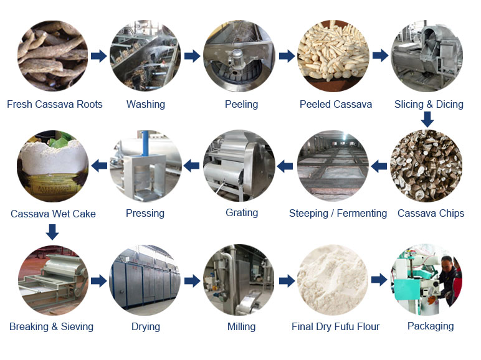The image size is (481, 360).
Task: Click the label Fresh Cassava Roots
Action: (55, 104)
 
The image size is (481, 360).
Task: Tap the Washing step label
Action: (146, 104)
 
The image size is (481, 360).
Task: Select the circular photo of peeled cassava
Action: (333, 56)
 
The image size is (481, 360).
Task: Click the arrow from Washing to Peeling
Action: (192, 56)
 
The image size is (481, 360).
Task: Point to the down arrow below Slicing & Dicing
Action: (427, 120)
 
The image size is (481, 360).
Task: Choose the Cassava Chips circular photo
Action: (426, 166)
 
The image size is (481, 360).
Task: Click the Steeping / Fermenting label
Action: (338, 213)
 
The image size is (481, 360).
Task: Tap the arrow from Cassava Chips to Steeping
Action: (379, 166)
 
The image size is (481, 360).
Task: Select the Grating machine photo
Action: (239, 166)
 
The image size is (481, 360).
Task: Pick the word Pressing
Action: (145, 214)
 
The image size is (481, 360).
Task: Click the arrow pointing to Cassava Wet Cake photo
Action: (100, 166)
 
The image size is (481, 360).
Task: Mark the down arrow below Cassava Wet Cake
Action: (52, 232)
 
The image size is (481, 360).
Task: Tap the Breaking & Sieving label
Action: (51, 326)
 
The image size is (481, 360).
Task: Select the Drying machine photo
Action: (145, 280)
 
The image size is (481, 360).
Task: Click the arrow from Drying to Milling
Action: (192, 280)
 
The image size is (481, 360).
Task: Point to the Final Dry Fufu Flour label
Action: (336, 326)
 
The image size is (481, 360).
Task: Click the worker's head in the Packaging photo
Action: (448, 263)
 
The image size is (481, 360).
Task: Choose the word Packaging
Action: (431, 326)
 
